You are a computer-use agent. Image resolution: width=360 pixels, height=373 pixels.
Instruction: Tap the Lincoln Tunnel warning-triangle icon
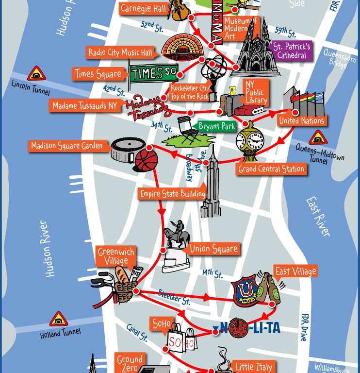tap(36, 74)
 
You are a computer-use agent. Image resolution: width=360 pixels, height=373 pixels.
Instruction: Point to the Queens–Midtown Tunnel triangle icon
tap(318, 137)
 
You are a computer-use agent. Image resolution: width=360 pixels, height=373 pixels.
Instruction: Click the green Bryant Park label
tap(216, 127)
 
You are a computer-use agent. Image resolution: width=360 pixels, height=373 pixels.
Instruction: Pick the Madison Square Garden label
tap(67, 145)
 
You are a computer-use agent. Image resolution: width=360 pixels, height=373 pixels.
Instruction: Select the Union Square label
tap(213, 249)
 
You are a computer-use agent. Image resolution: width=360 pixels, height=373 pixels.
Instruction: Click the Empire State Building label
tap(172, 193)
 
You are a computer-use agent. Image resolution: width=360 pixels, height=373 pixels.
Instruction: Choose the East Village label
tap(295, 271)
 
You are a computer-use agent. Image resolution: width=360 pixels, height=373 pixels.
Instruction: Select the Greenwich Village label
tap(116, 256)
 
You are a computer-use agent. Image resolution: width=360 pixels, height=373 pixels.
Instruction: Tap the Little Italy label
tap(254, 366)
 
